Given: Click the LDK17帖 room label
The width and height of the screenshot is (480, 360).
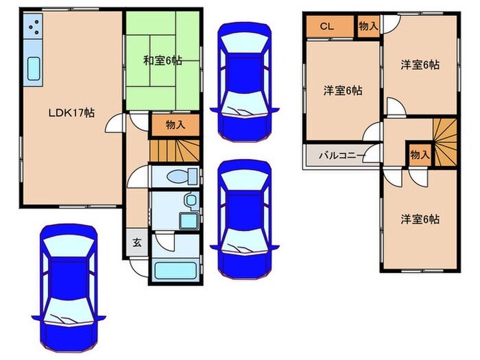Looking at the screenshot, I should point(71,113).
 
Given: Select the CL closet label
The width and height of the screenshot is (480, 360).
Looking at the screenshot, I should point(327,27).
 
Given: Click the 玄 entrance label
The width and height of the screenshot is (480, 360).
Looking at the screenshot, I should point(136,243).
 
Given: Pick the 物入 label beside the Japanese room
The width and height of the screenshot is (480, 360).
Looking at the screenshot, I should point(174,125).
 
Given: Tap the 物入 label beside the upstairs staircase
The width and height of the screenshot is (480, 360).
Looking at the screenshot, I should point(419,154).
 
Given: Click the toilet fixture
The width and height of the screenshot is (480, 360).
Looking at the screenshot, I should point(182,176).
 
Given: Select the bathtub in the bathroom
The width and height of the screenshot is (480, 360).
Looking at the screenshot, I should point(175,269).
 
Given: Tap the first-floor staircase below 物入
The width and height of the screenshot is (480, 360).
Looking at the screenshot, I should point(175,149).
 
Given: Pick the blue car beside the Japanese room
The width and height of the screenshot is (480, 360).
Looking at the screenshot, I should point(243,82).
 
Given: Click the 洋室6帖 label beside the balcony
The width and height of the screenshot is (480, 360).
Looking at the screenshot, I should point(343,90).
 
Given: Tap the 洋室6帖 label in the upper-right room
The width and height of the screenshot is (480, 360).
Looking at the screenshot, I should point(420,64).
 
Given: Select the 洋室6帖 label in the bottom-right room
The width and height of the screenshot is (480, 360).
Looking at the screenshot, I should point(420,219).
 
